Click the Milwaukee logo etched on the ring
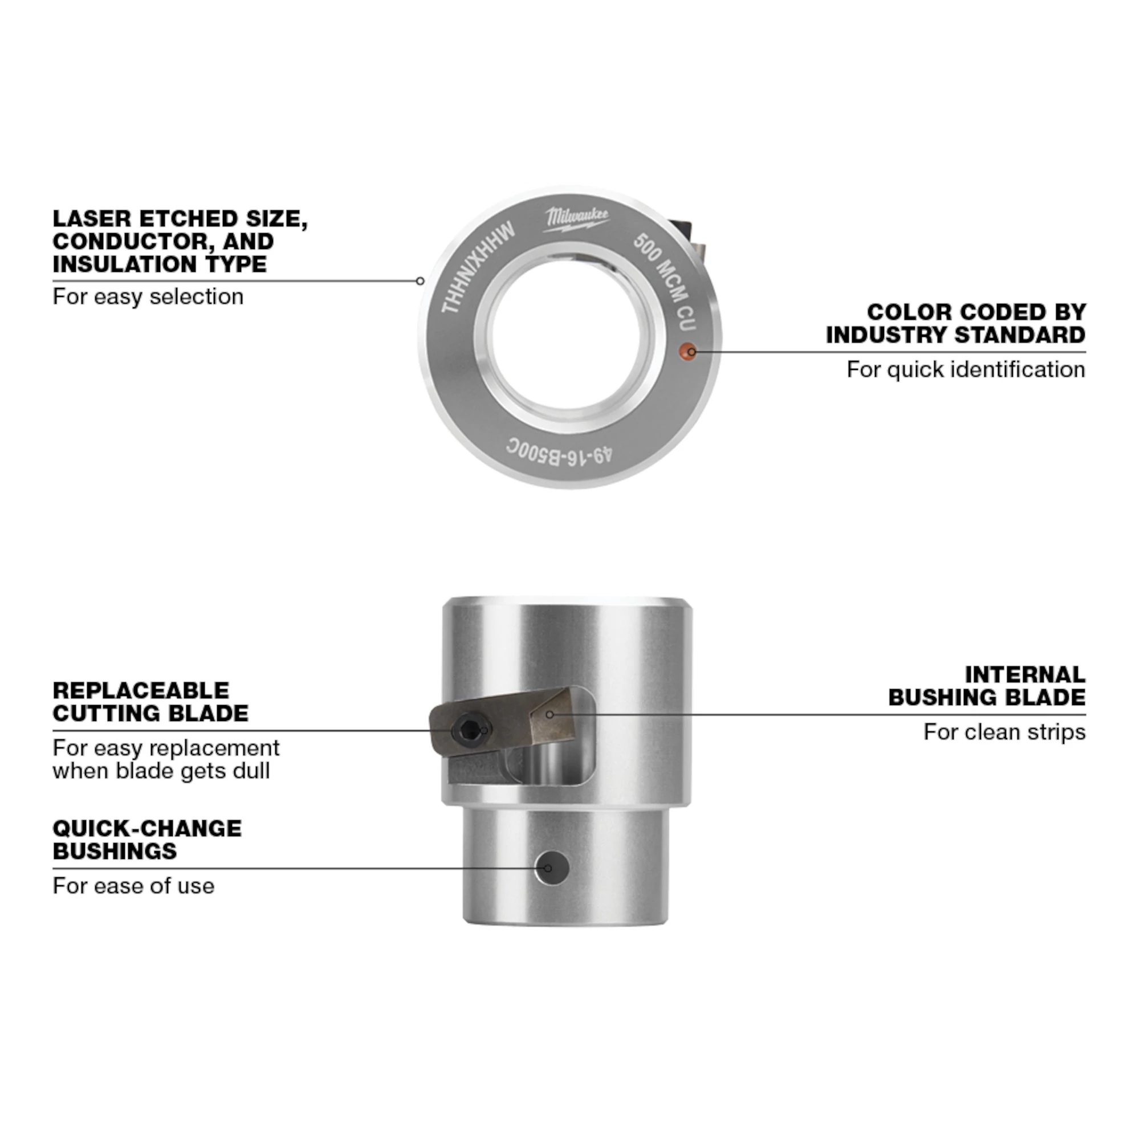576,219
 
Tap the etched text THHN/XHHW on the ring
479,268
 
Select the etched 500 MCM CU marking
665,281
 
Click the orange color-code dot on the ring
687,351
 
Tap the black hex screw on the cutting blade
469,731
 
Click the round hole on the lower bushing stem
552,868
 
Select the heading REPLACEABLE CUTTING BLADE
150,702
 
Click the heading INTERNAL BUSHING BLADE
987,686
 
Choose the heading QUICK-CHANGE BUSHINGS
147,840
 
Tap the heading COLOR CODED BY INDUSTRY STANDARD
956,323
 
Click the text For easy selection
148,296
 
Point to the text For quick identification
966,369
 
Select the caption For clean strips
1004,732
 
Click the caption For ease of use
133,886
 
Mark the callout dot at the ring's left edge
420,281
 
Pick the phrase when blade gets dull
161,771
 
